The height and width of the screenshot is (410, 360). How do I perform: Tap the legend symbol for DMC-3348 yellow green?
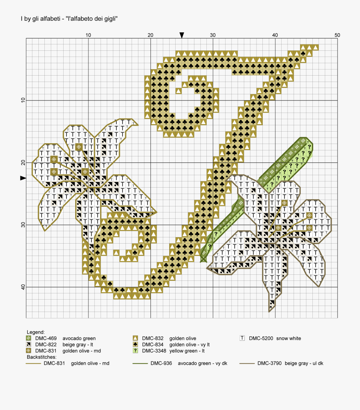click(135, 350)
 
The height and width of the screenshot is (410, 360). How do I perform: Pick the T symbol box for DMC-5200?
click(242, 338)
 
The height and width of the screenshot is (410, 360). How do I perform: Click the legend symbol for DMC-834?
click(135, 344)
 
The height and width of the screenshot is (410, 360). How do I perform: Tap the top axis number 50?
click(337, 35)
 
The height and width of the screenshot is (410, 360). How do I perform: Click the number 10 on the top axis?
click(88, 35)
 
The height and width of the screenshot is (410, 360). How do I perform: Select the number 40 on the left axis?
click(23, 287)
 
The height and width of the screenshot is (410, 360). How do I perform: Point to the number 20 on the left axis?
click(23, 163)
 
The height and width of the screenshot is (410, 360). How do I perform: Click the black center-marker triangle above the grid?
click(182, 35)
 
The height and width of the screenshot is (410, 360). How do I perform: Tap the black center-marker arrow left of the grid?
click(23, 178)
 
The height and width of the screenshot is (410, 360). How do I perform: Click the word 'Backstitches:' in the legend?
click(41, 357)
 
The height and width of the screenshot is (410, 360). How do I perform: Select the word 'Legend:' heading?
click(36, 332)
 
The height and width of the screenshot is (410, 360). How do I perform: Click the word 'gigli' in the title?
click(109, 19)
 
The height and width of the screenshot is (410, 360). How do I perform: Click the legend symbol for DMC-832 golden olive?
click(135, 338)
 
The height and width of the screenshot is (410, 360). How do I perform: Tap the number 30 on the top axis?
click(213, 35)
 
